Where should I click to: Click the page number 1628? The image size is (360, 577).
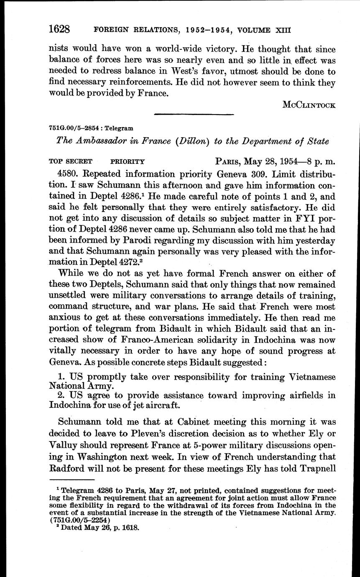pos(59,29)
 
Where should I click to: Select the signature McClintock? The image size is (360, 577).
pos(309,105)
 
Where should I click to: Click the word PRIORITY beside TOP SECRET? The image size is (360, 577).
pos(128,161)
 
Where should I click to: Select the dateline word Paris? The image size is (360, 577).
pos(230,161)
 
